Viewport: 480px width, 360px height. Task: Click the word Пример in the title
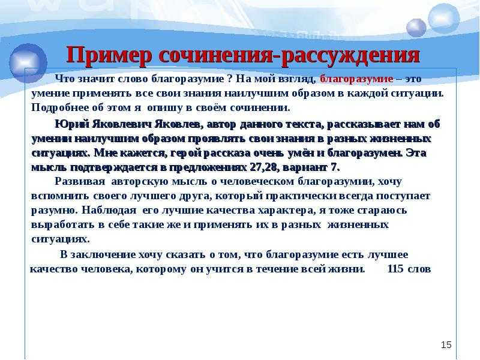[109, 56]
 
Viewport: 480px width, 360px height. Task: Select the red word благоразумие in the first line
[356, 79]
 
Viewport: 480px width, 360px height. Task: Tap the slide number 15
[446, 344]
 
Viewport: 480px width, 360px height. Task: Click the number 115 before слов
[395, 269]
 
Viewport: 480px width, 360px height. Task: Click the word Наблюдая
[109, 211]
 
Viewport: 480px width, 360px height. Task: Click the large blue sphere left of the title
[28, 63]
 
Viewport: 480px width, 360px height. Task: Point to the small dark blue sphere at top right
[416, 28]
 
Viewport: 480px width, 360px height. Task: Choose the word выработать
[63, 224]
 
